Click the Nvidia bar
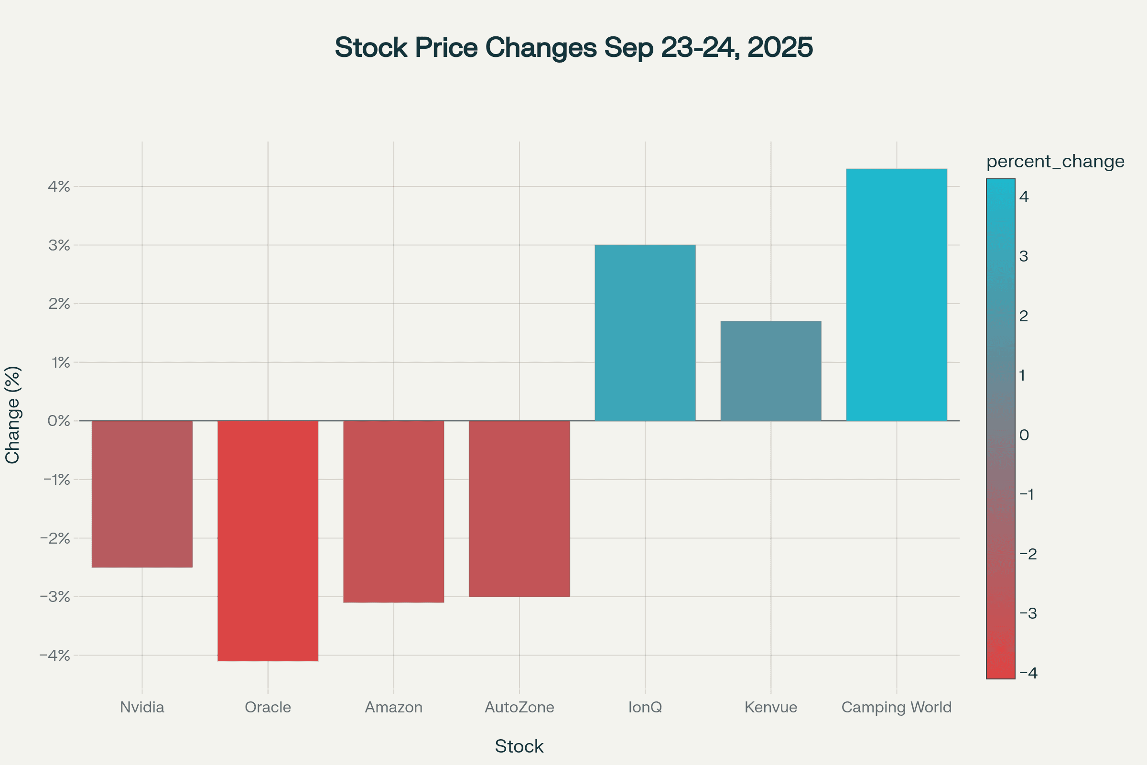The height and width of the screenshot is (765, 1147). coord(142,494)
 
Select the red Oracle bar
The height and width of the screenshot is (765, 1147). coord(268,541)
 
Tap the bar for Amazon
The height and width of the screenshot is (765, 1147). coord(393,511)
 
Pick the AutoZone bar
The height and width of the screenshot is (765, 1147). coord(519,508)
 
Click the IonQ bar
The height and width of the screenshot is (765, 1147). coord(645,333)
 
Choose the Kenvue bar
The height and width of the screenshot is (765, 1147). coord(770,371)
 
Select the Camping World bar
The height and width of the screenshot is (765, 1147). coord(897,295)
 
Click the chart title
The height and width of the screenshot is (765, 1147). coord(573,47)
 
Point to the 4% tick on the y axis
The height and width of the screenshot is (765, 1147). coord(59,186)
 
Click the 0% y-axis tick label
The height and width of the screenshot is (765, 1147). coord(59,421)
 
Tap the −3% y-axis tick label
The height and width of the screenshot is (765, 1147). coord(55,597)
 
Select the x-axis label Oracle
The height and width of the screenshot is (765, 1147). coord(268,707)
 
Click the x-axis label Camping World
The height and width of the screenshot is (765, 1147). coord(897,707)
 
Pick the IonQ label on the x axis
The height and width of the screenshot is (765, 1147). coord(645,707)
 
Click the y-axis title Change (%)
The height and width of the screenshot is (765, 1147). coord(12,415)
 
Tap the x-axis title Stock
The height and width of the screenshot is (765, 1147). coord(519,746)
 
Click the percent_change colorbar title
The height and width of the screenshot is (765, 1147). coord(1055,162)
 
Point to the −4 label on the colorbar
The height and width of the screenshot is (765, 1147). coord(1028,673)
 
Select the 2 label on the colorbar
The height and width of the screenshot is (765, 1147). coord(1024,316)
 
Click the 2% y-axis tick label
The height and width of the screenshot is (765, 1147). coord(59,304)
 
